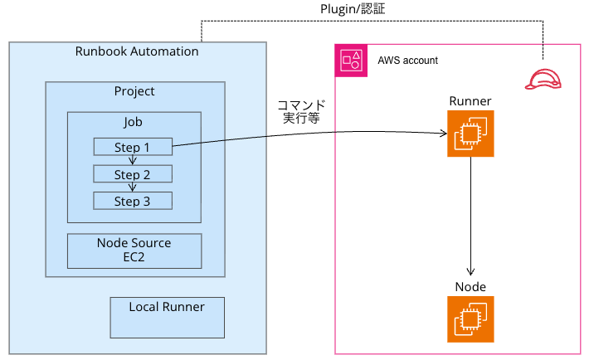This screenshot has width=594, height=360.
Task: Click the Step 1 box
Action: (133, 148)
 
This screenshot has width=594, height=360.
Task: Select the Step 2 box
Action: (133, 174)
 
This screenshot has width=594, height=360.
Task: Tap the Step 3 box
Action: (133, 201)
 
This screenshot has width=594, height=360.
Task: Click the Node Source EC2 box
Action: (134, 251)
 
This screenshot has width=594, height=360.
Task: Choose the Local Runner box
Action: (167, 317)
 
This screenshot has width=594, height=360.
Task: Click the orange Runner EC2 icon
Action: (470, 134)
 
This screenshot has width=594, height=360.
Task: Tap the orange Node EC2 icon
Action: (470, 319)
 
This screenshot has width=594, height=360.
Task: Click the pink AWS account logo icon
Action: (351, 61)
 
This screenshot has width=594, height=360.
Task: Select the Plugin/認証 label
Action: (353, 9)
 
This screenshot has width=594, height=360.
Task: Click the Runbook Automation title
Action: (137, 51)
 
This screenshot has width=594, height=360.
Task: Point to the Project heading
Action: (134, 91)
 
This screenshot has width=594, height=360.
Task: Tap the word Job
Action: (134, 122)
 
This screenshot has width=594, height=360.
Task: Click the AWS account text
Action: (407, 61)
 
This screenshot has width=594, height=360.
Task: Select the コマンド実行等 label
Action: (300, 113)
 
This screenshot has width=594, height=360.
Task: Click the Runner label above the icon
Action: (470, 101)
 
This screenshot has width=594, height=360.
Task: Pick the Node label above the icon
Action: (470, 287)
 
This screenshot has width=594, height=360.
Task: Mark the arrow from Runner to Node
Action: (470, 216)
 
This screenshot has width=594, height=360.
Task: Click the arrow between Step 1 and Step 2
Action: (133, 161)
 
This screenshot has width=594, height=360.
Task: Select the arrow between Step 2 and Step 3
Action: (133, 187)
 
